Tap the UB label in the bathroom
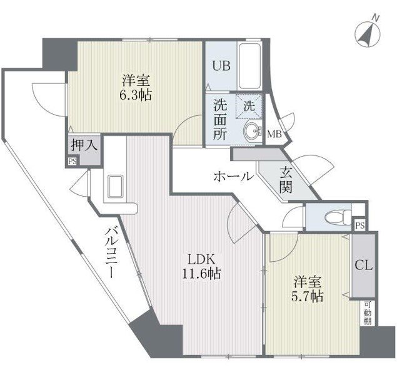pyautogui.click(x=221, y=66)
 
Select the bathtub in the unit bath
pyautogui.click(x=249, y=66)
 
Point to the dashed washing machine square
pyautogui.click(x=249, y=106)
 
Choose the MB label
pyautogui.click(x=274, y=134)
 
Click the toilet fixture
pyautogui.click(x=336, y=217)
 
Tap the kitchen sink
pyautogui.click(x=115, y=186)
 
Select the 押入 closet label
pyautogui.click(x=84, y=145)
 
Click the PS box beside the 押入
pyautogui.click(x=73, y=162)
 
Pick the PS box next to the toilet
pyautogui.click(x=359, y=226)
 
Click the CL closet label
pyautogui.click(x=363, y=266)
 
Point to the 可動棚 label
pyautogui.click(x=368, y=313)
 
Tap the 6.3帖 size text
pyautogui.click(x=136, y=95)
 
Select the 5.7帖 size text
pyautogui.click(x=307, y=296)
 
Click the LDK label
pyautogui.click(x=201, y=259)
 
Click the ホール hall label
pyautogui.click(x=233, y=176)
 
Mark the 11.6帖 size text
pyautogui.click(x=202, y=274)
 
